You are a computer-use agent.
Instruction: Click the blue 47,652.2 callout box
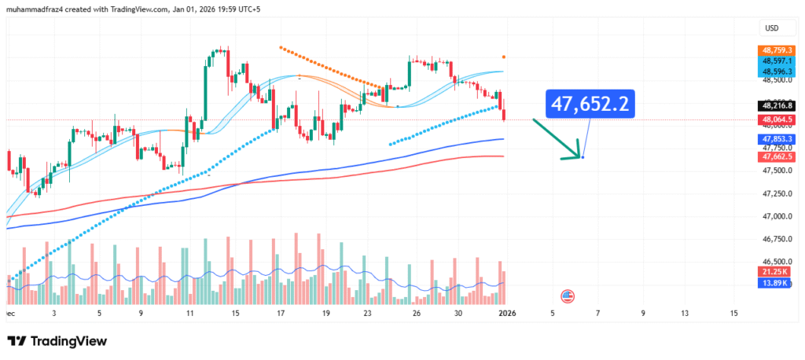pos(589,105)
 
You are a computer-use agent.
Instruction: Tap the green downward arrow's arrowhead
pos(572,157)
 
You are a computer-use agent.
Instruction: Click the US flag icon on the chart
pos(567,296)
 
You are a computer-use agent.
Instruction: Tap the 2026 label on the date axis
pos(507,313)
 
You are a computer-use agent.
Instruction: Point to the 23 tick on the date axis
pos(367,313)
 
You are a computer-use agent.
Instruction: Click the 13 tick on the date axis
pos(685,313)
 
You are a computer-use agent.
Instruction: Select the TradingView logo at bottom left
pos(57,341)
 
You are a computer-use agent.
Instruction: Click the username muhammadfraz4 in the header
pos(39,8)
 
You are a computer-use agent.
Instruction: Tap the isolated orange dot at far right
pos(504,57)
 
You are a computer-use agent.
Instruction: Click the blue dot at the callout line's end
pos(583,157)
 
